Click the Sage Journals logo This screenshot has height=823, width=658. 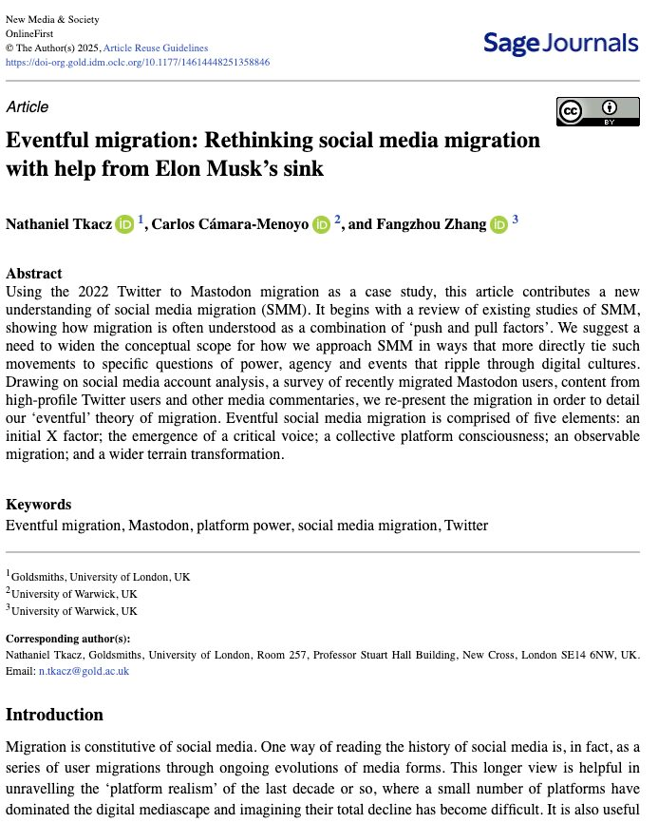pos(560,43)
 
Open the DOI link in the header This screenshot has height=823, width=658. pos(138,62)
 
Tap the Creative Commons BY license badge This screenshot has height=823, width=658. pos(597,111)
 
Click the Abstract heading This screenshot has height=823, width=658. pos(34,273)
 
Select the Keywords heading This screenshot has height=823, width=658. pos(38,505)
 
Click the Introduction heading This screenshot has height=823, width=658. pos(54,715)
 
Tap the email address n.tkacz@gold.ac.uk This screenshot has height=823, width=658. pos(84,671)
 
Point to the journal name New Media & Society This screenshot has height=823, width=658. pos(52,20)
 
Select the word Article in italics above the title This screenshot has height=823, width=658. pos(27,106)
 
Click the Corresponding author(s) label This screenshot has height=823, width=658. pos(68,638)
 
